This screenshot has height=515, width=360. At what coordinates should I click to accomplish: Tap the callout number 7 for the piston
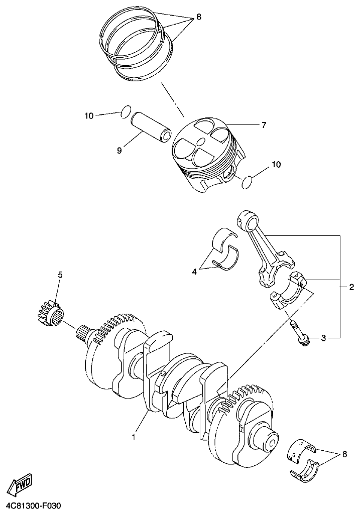(x=263, y=125)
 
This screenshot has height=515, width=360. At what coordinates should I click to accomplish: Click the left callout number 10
(x=89, y=116)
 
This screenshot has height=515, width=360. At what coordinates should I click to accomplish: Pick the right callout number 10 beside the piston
(x=276, y=164)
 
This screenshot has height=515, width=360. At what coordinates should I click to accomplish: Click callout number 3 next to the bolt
(x=324, y=338)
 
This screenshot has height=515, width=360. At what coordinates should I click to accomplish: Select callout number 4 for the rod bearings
(x=194, y=272)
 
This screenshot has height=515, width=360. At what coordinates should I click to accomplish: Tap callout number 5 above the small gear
(x=60, y=275)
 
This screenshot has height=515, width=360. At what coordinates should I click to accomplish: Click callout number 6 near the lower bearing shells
(x=344, y=455)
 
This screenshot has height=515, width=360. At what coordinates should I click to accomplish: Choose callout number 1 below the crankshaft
(x=134, y=437)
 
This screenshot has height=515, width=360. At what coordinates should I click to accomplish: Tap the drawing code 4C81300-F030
(x=34, y=506)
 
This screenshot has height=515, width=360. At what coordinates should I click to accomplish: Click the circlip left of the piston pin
(x=127, y=111)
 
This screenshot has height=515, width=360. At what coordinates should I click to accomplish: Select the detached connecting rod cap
(x=287, y=299)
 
